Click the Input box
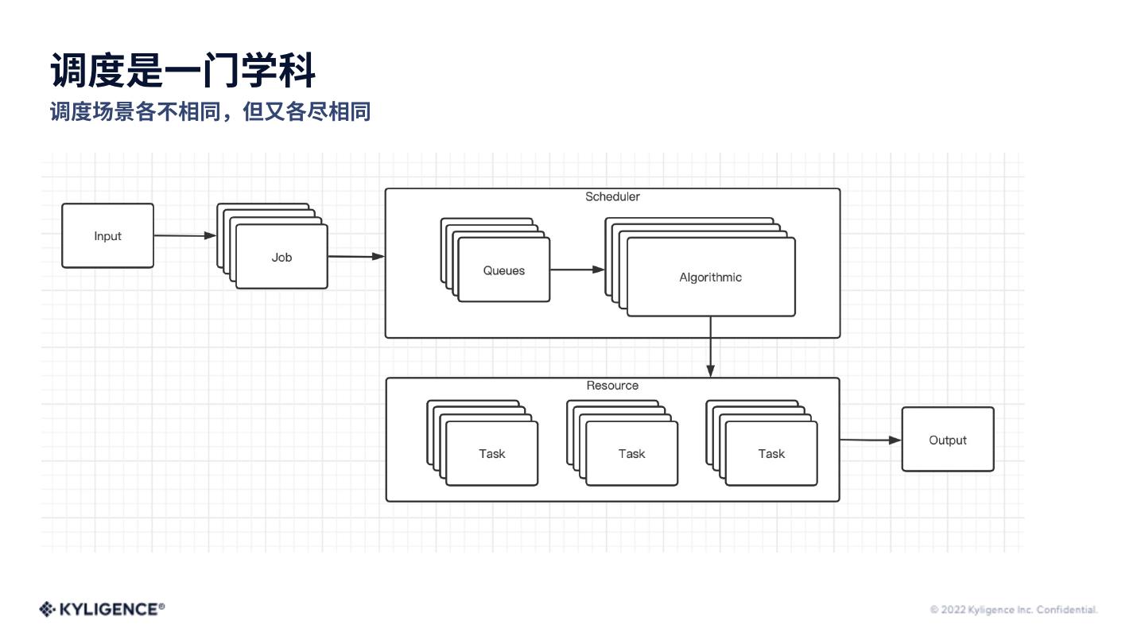click(107, 236)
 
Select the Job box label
click(281, 258)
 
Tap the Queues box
click(504, 271)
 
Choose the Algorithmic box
click(711, 277)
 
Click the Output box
click(948, 440)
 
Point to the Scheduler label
click(612, 196)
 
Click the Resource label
click(612, 386)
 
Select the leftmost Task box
click(491, 454)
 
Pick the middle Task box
click(631, 454)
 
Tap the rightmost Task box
click(771, 454)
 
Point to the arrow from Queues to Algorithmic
click(576, 270)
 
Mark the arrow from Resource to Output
click(870, 440)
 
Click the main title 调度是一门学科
click(183, 70)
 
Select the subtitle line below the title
click(210, 111)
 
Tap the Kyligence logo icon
click(47, 609)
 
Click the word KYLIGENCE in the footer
click(109, 609)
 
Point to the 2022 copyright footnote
click(1013, 610)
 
